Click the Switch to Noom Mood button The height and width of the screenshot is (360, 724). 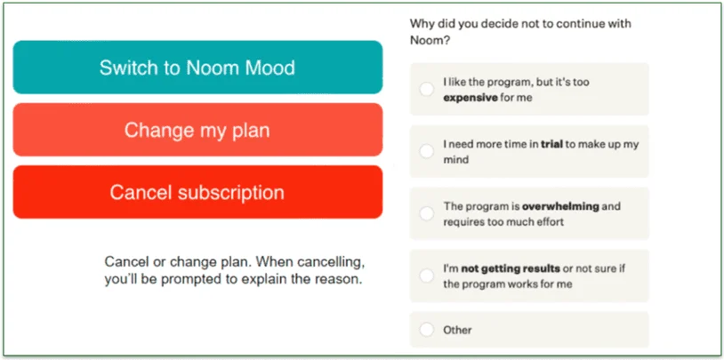pos(197,68)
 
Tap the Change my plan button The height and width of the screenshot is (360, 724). pos(197,130)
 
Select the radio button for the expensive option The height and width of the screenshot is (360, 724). pos(426,89)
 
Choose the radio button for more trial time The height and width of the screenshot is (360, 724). pos(426,151)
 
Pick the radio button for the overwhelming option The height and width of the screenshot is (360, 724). pos(426,213)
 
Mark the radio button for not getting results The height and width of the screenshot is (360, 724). pos(426,276)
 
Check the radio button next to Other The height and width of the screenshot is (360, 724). pos(426,330)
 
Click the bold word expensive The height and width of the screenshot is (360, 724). pos(471,98)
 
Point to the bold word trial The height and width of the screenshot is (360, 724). pos(551,144)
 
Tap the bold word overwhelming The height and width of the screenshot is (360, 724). pos(559,206)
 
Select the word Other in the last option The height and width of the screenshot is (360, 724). pos(457,330)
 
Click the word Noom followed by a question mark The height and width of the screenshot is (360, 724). pos(428,41)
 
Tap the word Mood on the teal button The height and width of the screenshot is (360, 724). pos(268,68)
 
